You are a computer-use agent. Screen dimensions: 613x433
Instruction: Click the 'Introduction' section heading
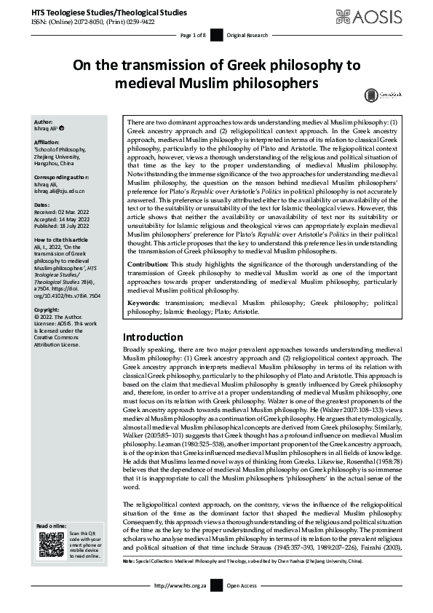point(152,337)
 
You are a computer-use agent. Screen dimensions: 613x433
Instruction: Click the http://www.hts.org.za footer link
point(180,604)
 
